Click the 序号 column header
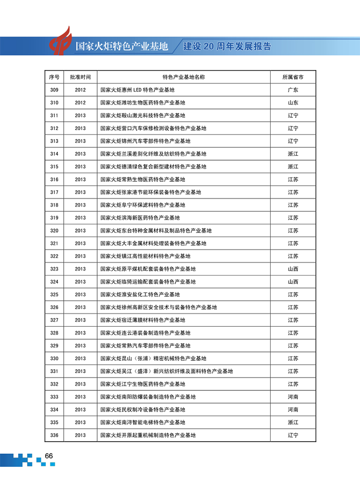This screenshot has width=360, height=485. tap(54, 77)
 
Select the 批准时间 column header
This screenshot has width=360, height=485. tap(80, 77)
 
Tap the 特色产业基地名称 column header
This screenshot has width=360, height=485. tap(183, 77)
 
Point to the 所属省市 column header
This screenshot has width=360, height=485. tap(293, 77)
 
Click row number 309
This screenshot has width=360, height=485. tap(54, 90)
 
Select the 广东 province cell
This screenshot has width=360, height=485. tap(293, 90)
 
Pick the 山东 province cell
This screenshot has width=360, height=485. tap(293, 103)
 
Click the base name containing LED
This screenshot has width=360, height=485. tap(137, 90)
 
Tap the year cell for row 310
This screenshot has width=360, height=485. tap(80, 103)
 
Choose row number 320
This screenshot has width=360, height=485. tap(54, 231)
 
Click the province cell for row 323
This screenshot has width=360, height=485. tap(293, 269)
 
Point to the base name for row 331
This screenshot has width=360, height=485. tap(166, 371)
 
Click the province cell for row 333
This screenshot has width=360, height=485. tap(293, 397)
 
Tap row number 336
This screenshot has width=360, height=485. tap(54, 435)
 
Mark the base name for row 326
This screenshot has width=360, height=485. tap(158, 308)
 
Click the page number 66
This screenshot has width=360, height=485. tap(49, 456)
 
